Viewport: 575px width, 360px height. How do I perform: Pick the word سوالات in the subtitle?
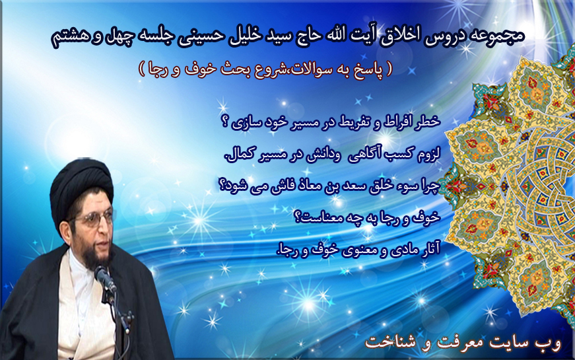[309, 69]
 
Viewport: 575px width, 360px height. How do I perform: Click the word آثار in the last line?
[430, 250]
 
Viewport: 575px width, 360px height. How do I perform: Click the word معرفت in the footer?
[482, 343]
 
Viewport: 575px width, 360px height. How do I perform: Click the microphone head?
[104, 277]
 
